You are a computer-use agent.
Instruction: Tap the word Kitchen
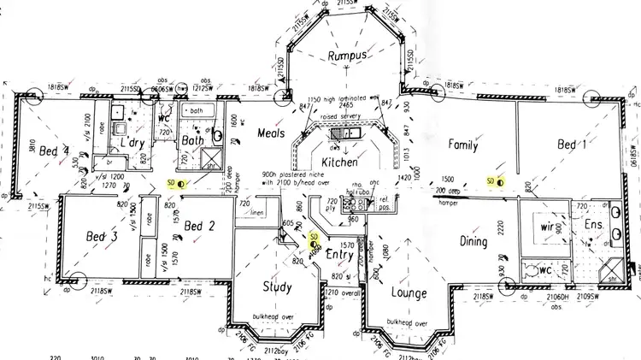(x=338, y=162)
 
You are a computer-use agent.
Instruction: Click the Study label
(x=278, y=287)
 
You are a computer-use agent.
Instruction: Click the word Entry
(x=339, y=254)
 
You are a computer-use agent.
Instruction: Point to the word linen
(x=256, y=213)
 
